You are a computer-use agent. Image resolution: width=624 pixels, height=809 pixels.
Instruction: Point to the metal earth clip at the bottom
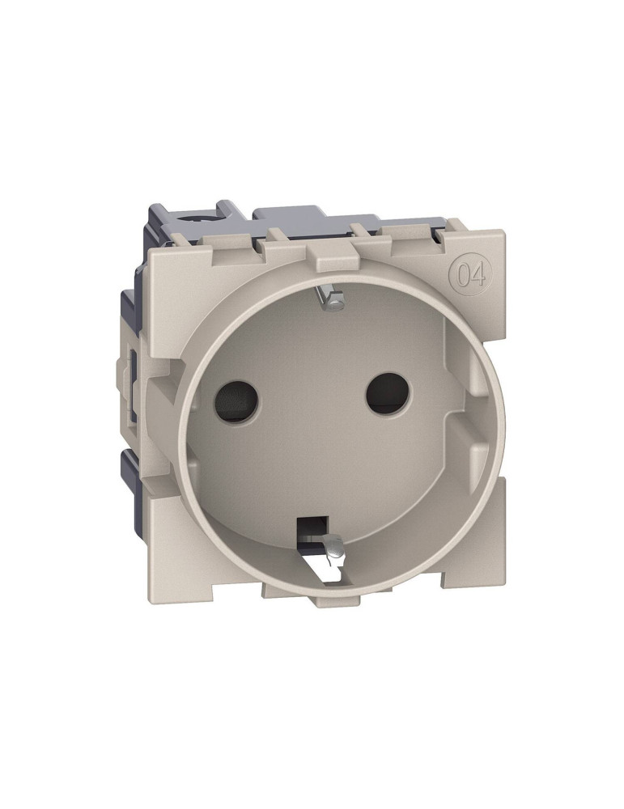click(334, 549)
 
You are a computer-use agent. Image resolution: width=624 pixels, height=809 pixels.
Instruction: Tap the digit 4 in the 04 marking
click(478, 275)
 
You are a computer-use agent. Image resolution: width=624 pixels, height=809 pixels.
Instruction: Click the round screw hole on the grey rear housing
click(195, 217)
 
